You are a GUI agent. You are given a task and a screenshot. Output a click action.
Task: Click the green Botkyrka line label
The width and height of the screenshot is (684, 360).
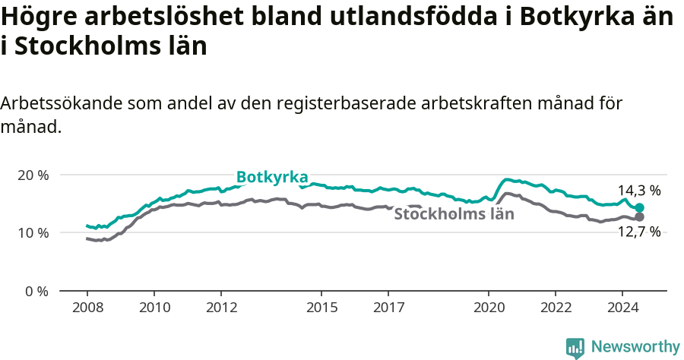pyautogui.click(x=271, y=177)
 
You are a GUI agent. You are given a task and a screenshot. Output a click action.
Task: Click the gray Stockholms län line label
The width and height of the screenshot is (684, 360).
pyautogui.click(x=454, y=214)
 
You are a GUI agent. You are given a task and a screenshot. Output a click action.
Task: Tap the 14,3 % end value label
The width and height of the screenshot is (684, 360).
pyautogui.click(x=639, y=191)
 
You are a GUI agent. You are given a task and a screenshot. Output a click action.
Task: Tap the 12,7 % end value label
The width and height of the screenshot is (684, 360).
pyautogui.click(x=639, y=232)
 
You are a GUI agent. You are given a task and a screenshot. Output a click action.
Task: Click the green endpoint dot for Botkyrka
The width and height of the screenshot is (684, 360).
pyautogui.click(x=640, y=208)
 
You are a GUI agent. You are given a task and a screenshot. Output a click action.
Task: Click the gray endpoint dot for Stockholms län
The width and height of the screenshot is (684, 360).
pyautogui.click(x=640, y=217)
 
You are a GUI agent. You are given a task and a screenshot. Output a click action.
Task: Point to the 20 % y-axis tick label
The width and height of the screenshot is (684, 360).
pyautogui.click(x=33, y=175)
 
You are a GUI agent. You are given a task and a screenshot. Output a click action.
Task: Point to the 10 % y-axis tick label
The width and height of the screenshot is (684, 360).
pyautogui.click(x=33, y=232)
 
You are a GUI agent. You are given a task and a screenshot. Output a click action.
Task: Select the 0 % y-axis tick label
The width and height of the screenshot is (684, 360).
pyautogui.click(x=36, y=291)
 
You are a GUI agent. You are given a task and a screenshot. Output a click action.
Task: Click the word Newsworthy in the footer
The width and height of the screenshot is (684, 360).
pyautogui.click(x=635, y=347)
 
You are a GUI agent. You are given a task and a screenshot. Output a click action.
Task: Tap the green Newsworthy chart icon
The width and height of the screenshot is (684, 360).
pyautogui.click(x=575, y=348)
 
